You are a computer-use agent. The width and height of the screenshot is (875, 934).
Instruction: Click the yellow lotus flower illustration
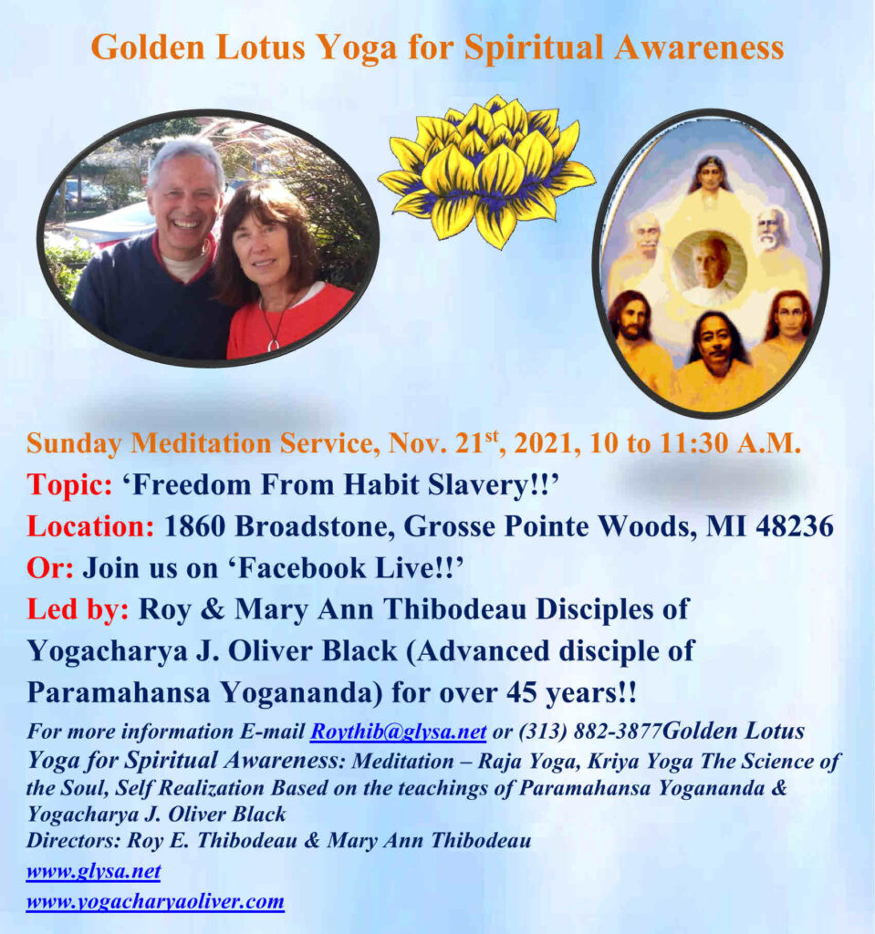pyautogui.click(x=486, y=171)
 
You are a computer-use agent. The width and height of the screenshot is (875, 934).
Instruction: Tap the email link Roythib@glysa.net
pyautogui.click(x=398, y=732)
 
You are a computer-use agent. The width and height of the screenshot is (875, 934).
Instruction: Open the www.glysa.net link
pyautogui.click(x=94, y=871)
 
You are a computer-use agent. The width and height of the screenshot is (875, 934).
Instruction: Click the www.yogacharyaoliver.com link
pyautogui.click(x=155, y=901)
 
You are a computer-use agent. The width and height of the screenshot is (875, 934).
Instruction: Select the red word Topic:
pyautogui.click(x=69, y=485)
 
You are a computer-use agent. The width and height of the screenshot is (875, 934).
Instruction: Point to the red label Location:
pyautogui.click(x=90, y=526)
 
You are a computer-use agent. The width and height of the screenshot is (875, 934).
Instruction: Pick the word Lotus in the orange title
pyautogui.click(x=260, y=47)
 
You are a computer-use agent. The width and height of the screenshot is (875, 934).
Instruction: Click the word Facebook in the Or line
pyautogui.click(x=304, y=568)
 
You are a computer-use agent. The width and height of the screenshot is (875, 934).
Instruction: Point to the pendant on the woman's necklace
pyautogui.click(x=273, y=344)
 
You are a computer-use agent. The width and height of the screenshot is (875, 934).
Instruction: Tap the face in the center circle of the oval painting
pyautogui.click(x=710, y=262)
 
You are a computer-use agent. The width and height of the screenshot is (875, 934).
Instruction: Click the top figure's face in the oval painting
pyautogui.click(x=709, y=176)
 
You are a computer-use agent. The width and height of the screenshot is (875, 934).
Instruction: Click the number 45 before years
pyautogui.click(x=522, y=693)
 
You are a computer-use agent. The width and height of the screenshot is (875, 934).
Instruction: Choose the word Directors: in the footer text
pyautogui.click(x=74, y=840)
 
